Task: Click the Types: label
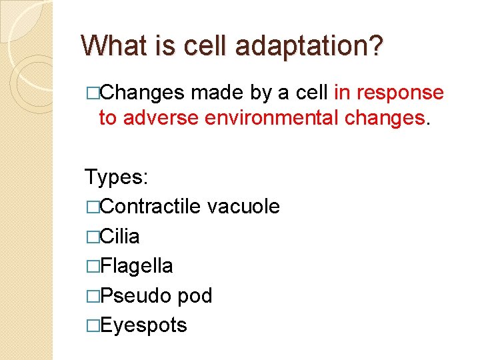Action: coord(117,177)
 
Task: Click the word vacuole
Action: coord(243,207)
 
